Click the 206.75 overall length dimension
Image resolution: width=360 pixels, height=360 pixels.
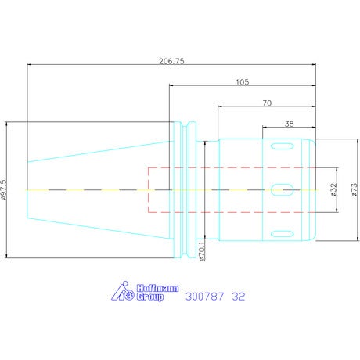[x=171, y=61]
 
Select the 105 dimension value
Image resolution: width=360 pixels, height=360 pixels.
[x=243, y=82]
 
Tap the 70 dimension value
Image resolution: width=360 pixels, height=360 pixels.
[x=267, y=103]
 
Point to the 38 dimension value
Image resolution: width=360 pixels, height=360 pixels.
[x=290, y=124]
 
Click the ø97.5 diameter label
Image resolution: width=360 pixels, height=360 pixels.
[x=4, y=190]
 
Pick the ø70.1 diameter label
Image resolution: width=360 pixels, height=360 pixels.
[x=202, y=250]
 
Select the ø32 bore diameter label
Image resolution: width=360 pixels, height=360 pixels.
[x=333, y=189]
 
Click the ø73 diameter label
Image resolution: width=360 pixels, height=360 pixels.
[x=355, y=190]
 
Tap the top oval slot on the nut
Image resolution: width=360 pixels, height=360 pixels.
[x=282, y=146]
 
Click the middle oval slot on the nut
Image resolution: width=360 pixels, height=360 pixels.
[x=282, y=189]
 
